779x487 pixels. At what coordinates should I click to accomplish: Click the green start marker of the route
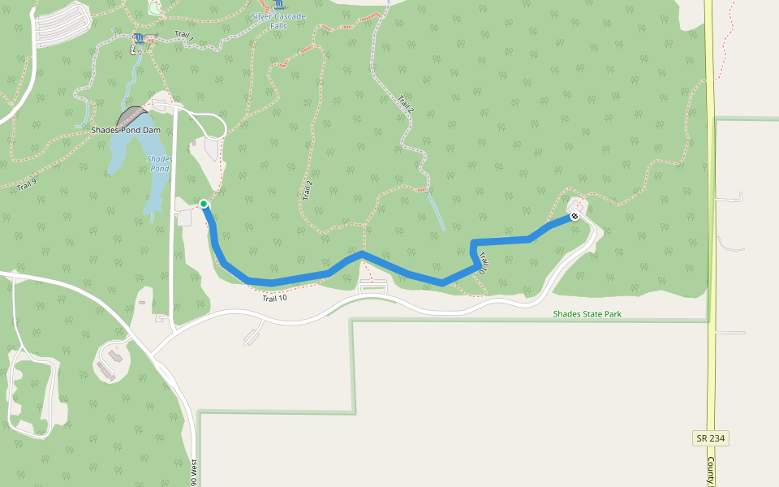tap(204, 204)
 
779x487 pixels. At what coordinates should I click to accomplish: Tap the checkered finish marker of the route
tap(575, 216)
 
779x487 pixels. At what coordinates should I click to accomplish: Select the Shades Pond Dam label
tap(126, 130)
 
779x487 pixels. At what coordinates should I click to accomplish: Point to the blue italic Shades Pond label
tap(160, 163)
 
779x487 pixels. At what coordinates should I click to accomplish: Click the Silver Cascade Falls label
tap(278, 20)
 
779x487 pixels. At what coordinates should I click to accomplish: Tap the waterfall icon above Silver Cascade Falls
tap(280, 5)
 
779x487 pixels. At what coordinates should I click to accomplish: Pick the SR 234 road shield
tap(710, 438)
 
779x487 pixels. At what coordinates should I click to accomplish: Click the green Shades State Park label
tap(587, 313)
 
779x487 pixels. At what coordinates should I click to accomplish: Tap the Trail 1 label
tap(184, 37)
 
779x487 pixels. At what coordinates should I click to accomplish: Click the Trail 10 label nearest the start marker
tap(274, 298)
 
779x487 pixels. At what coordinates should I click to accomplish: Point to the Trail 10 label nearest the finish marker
tap(482, 262)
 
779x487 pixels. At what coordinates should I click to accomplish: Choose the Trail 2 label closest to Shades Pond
tap(308, 190)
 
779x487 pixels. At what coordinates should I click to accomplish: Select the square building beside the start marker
tap(184, 218)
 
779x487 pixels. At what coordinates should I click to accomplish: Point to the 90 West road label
tap(194, 472)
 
